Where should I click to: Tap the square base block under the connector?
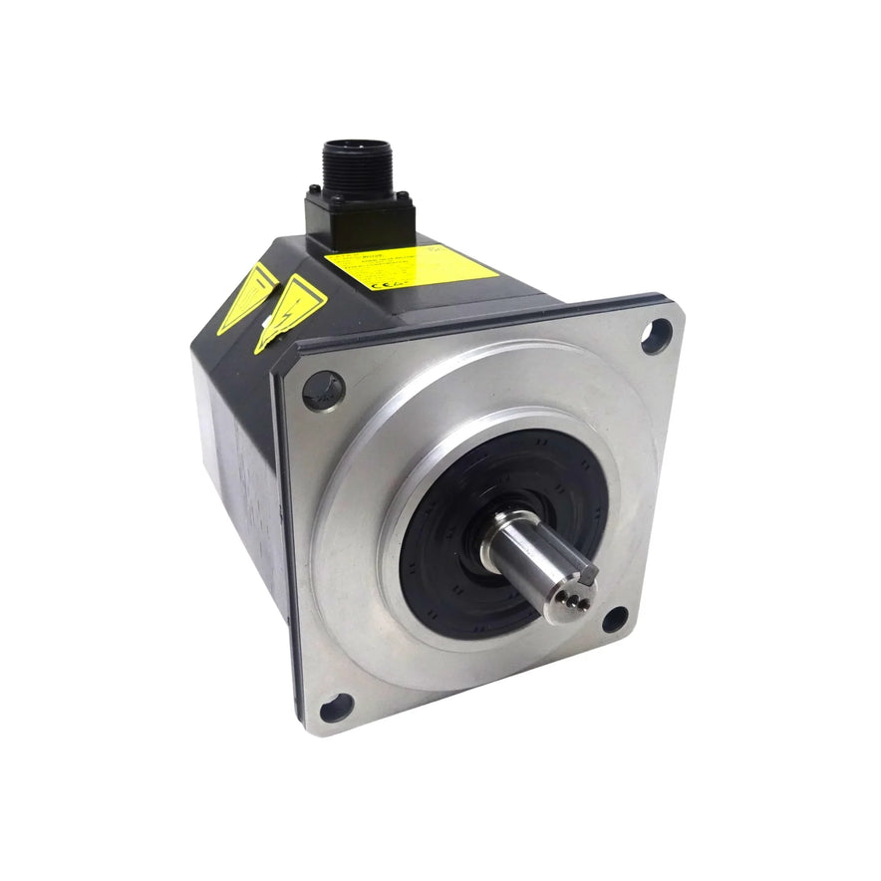pos(359,221)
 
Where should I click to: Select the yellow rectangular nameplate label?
pos(410,266)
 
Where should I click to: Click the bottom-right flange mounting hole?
pos(615,619)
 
